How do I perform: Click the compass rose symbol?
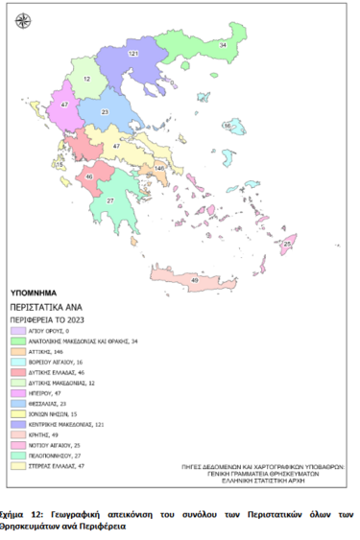click(23, 19)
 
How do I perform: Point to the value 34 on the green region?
click(223, 45)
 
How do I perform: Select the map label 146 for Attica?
click(158, 168)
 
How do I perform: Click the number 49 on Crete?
click(195, 279)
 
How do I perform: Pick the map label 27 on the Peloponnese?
click(109, 200)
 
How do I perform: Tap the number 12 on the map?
click(86, 78)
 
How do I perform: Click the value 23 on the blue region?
click(106, 112)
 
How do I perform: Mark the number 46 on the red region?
click(89, 176)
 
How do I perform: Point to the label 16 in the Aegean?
click(228, 126)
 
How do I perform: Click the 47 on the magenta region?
click(64, 104)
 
